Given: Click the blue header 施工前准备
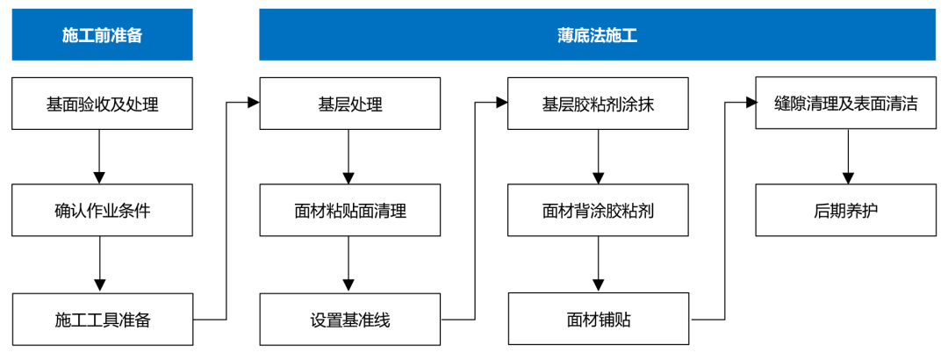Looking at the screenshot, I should click(x=102, y=35).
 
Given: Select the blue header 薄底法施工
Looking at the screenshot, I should click(x=597, y=35).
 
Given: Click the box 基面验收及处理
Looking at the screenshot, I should click(x=102, y=104).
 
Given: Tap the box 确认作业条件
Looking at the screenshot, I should click(x=102, y=211).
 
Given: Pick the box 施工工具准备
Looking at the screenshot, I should click(x=102, y=319).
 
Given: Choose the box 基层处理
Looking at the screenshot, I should click(x=349, y=104).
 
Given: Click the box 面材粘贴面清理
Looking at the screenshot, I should click(x=349, y=211).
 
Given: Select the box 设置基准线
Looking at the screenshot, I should click(x=349, y=319).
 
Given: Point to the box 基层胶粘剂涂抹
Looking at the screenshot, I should click(x=598, y=104).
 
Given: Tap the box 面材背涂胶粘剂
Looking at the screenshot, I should click(x=598, y=211).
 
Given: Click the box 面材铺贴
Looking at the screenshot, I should click(x=598, y=319).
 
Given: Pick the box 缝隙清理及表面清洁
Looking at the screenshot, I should click(x=846, y=104).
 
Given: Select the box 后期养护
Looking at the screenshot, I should click(x=846, y=211).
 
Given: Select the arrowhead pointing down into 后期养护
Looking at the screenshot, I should click(x=847, y=177).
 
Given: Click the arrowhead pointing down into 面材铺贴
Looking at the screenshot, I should click(x=599, y=285).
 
